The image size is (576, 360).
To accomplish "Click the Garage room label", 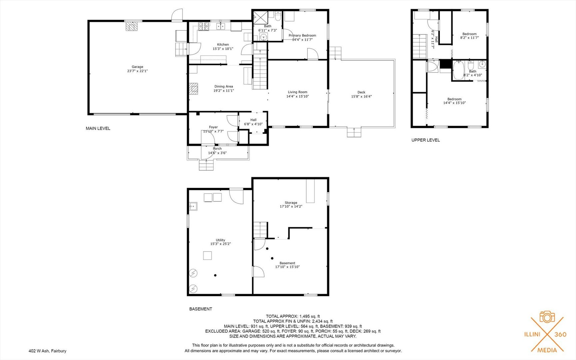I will pyautogui.click(x=137, y=67).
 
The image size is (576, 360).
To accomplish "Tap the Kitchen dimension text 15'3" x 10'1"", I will pyautogui.click(x=223, y=49).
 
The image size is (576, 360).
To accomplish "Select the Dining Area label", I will pyautogui.click(x=224, y=86).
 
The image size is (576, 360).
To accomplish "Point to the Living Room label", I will pyautogui.click(x=297, y=92).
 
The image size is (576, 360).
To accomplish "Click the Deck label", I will pyautogui.click(x=361, y=92).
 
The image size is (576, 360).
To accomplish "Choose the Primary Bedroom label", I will pyautogui.click(x=302, y=35).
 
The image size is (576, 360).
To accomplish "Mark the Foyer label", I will pyautogui.click(x=213, y=127).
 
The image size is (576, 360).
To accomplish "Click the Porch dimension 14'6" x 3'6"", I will pyautogui.click(x=217, y=153).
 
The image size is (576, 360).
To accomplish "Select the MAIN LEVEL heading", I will pyautogui.click(x=98, y=128).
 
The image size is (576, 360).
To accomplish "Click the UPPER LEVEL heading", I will pyautogui.click(x=425, y=140).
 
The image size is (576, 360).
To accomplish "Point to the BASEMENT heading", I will pyautogui.click(x=201, y=309).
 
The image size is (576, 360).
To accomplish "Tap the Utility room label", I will pyautogui.click(x=220, y=240).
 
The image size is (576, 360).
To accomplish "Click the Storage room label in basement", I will pyautogui.click(x=291, y=203).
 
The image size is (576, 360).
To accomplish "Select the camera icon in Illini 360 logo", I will pyautogui.click(x=547, y=317).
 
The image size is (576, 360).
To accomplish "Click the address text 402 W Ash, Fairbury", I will pyautogui.click(x=47, y=351).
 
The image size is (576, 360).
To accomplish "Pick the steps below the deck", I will pyautogui.click(x=354, y=132).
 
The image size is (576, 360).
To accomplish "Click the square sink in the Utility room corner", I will pyautogui.click(x=193, y=207).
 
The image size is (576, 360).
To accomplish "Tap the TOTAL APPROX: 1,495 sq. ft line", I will pyautogui.click(x=292, y=316).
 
